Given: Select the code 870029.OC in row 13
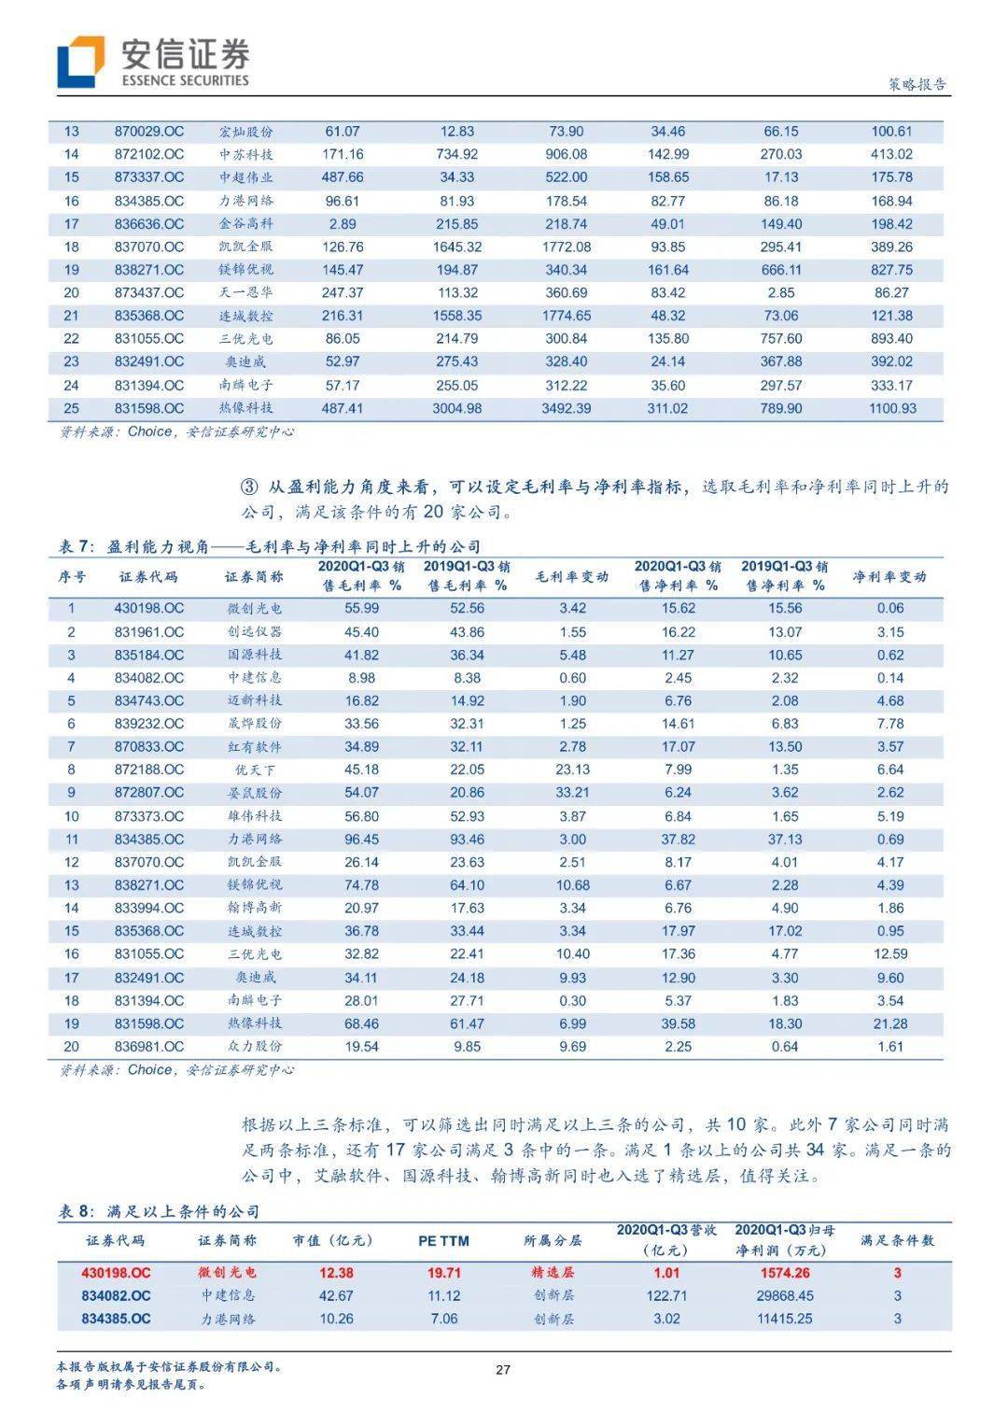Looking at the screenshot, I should [x=149, y=132].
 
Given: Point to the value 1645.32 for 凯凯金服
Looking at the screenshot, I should [x=457, y=247].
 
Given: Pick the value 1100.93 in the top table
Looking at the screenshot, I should [x=891, y=408].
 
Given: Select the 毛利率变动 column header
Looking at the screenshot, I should [x=571, y=577].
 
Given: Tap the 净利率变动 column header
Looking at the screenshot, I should [x=889, y=577].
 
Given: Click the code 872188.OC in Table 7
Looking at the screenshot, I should [x=149, y=769].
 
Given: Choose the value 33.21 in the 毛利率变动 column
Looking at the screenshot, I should [x=572, y=793].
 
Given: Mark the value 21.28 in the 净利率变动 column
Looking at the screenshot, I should [x=890, y=1024].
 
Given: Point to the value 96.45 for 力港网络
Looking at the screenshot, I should [x=361, y=840].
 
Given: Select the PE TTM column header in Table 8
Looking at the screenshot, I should [x=443, y=1241].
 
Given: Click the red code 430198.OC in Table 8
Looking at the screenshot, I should [x=117, y=1273].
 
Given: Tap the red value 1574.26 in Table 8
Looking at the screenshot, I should [x=786, y=1273].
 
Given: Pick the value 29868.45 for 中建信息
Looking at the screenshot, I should [x=786, y=1296].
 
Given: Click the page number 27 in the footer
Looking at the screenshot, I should [x=503, y=1370].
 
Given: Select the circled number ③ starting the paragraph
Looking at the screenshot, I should [x=249, y=487].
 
